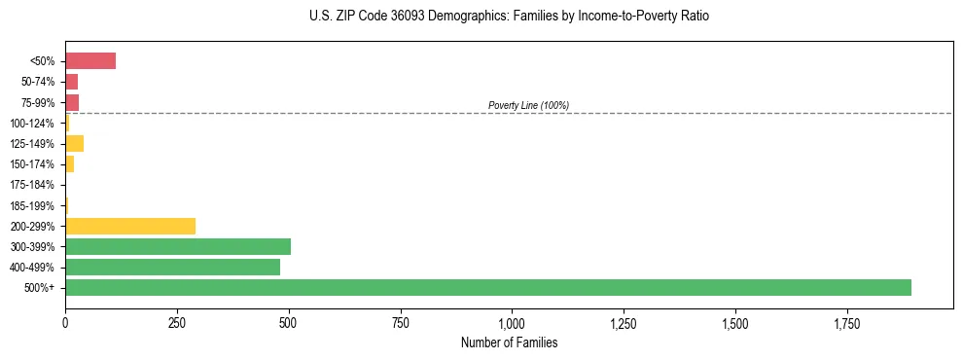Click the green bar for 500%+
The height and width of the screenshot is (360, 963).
pyautogui.click(x=487, y=287)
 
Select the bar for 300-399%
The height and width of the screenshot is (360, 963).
pyautogui.click(x=178, y=246)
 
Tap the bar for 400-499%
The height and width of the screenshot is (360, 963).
pyautogui.click(x=172, y=267)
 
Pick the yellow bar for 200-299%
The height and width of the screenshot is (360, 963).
pyautogui.click(x=130, y=226)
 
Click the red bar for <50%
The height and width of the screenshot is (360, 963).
pyautogui.click(x=90, y=61)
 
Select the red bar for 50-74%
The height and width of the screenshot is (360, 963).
pyautogui.click(x=72, y=82)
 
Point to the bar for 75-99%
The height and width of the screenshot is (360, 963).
pyautogui.click(x=72, y=102)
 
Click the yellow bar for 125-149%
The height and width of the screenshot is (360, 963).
pyautogui.click(x=74, y=143)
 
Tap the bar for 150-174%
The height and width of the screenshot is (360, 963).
pyautogui.click(x=70, y=164)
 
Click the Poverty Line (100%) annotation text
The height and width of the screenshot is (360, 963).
pyautogui.click(x=528, y=105)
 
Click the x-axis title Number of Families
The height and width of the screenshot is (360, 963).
pyautogui.click(x=509, y=342)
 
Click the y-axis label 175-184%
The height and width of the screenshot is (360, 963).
pyautogui.click(x=32, y=185)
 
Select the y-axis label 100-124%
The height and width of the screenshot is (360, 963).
pyautogui.click(x=32, y=124)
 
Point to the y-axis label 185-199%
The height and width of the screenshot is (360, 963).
pyautogui.click(x=32, y=205)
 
